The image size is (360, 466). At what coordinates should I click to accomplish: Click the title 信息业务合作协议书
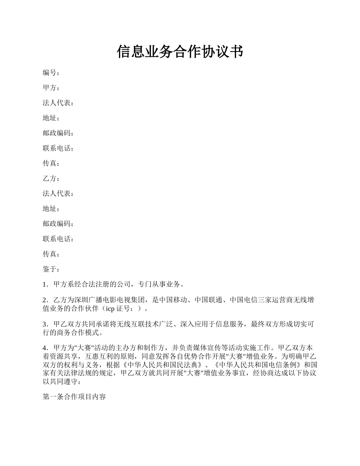pyautogui.click(x=180, y=52)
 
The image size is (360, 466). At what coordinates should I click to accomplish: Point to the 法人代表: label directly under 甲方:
pyautogui.click(x=58, y=103)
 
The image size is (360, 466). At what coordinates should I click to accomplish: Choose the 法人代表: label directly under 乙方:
pyautogui.click(x=58, y=194)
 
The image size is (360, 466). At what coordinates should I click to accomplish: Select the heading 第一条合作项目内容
pyautogui.click(x=74, y=397)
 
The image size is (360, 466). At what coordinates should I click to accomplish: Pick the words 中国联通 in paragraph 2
pyautogui.click(x=208, y=300)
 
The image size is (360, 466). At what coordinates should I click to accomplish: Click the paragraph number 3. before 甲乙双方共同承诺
pyautogui.click(x=45, y=324)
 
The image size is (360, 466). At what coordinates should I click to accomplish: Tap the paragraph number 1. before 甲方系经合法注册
pyautogui.click(x=45, y=284)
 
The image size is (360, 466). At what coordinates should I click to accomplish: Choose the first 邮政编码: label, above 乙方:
pyautogui.click(x=58, y=133)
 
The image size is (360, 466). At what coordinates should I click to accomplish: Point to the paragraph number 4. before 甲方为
pyautogui.click(x=45, y=348)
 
